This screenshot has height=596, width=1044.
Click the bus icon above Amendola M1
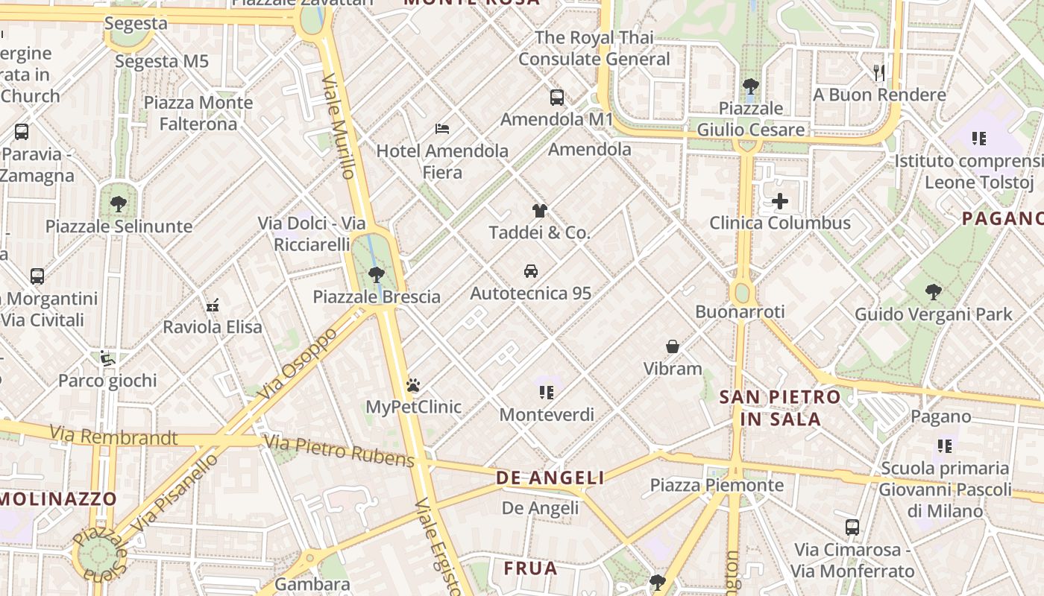tap(556, 97)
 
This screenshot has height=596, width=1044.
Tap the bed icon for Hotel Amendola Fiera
tap(442, 128)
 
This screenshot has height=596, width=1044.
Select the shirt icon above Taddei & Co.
tap(539, 211)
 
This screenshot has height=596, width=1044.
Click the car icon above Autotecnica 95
tap(530, 271)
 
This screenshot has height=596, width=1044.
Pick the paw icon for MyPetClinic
tap(413, 385)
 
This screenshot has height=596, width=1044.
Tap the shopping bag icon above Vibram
tap(673, 346)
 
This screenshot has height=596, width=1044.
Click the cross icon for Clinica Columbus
tap(779, 201)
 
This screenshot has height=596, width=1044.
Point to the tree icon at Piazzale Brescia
tap(377, 274)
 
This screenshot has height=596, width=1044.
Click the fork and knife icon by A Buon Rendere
tap(879, 72)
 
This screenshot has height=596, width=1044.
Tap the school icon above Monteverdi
tap(547, 392)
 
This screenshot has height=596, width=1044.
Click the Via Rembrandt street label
tap(113, 436)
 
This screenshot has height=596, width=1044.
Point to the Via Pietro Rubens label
tap(339, 451)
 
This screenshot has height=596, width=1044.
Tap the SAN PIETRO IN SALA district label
tap(780, 408)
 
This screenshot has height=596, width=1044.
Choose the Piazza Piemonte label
tap(717, 486)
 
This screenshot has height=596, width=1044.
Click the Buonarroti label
tap(739, 311)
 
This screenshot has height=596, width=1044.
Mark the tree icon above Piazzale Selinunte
tap(118, 203)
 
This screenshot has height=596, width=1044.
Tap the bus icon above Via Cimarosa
tap(852, 527)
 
